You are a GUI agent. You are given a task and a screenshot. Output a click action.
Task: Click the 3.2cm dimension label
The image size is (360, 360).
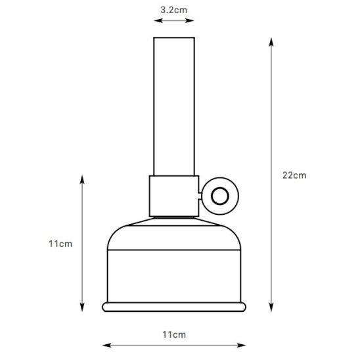click(174, 10)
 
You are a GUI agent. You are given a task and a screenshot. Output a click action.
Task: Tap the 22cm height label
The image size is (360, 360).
click(294, 175)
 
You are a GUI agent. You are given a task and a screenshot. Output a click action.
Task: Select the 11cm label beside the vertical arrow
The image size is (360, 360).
click(60, 244)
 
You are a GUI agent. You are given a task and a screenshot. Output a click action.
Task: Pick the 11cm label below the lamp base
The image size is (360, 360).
click(174, 335)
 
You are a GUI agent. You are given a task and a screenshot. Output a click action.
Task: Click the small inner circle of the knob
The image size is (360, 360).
click(219, 196)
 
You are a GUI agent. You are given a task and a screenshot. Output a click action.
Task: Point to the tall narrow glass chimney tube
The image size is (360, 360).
click(174, 106)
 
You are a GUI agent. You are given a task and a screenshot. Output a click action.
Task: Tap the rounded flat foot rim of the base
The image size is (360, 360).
click(174, 307)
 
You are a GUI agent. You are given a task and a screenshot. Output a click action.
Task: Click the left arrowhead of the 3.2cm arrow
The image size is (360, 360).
click(158, 20)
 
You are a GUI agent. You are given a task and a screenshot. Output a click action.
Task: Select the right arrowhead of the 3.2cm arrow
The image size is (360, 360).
click(190, 20)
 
